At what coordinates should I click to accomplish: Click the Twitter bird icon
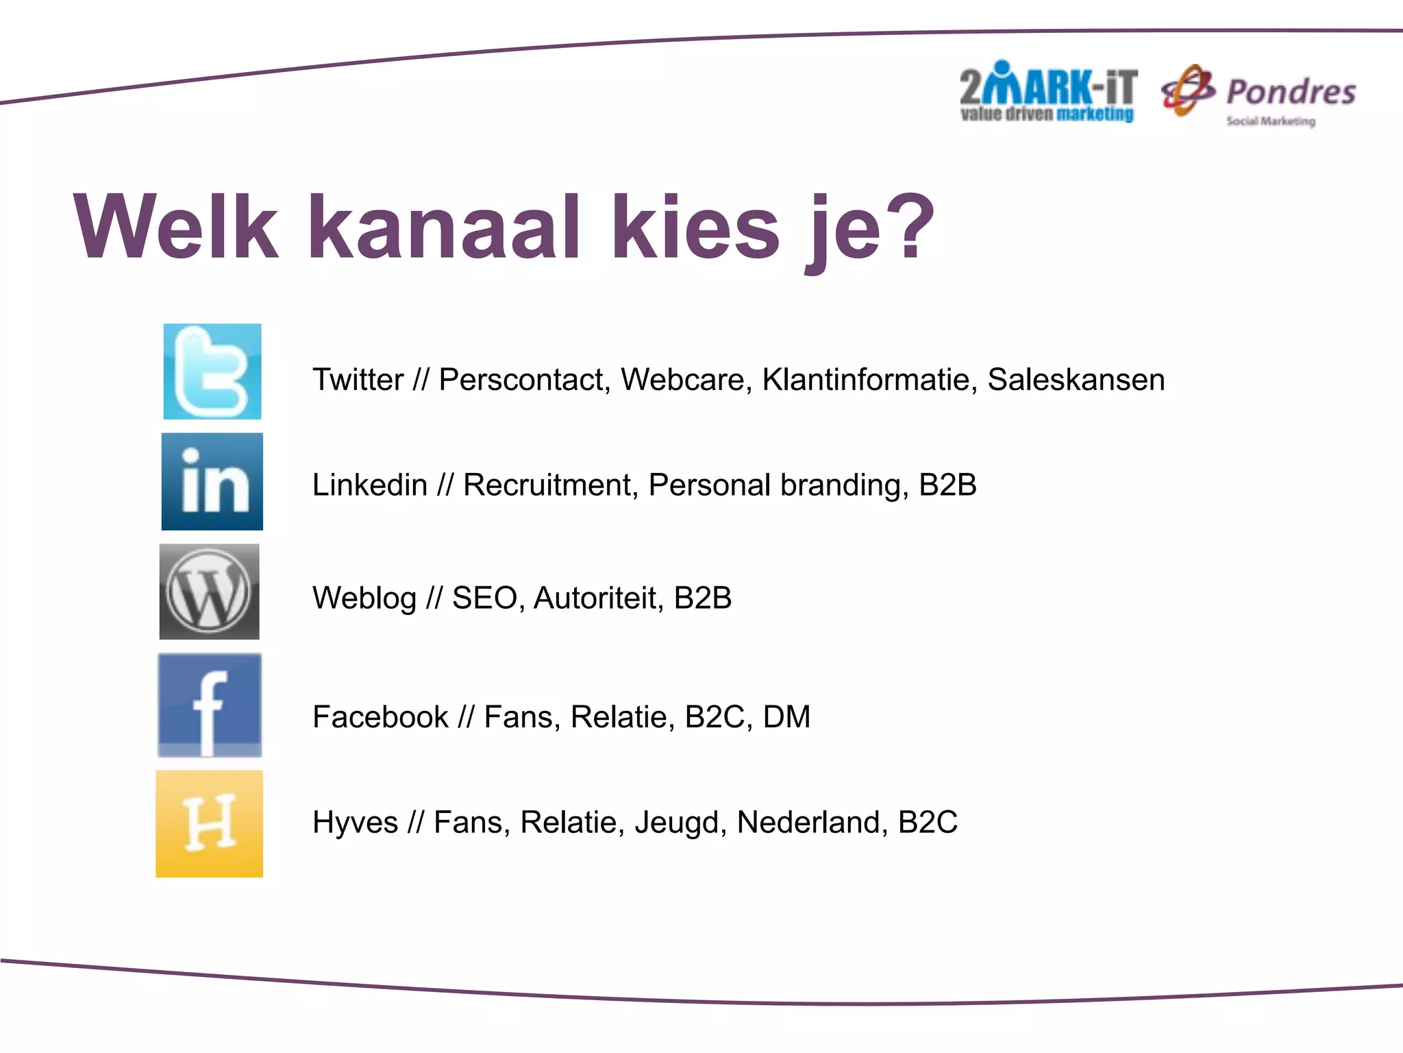(212, 372)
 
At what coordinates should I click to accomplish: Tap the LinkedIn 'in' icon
(212, 481)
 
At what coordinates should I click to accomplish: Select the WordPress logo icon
(210, 592)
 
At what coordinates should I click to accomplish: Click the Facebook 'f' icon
(210, 705)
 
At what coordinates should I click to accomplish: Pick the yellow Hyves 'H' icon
(210, 823)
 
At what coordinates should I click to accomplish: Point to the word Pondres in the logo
(1291, 92)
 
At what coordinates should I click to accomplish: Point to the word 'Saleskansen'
(1076, 380)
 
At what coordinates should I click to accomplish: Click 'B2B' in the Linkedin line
(947, 485)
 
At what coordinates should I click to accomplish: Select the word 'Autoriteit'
(598, 598)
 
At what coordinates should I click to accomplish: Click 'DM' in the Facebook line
(786, 717)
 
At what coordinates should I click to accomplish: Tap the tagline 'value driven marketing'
(1047, 114)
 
